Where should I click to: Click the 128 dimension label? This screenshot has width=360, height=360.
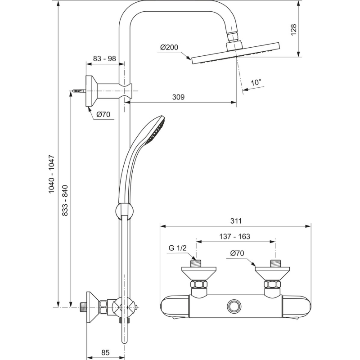(294, 29)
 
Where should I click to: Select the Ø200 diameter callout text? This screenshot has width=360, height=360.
(169, 47)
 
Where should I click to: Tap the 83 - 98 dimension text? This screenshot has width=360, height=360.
(104, 58)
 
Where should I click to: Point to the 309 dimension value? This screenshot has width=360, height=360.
(178, 97)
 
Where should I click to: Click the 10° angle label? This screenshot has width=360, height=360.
(256, 82)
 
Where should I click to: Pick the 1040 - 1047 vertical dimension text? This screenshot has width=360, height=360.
(52, 174)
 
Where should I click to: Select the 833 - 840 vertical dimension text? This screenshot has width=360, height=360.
(65, 200)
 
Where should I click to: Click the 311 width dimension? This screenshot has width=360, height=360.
(236, 221)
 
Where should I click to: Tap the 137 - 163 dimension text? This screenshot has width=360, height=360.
(234, 236)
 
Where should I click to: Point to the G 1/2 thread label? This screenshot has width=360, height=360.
(177, 248)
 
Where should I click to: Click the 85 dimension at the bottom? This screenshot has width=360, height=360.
(105, 352)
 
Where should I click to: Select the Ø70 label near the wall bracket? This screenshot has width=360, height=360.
(103, 114)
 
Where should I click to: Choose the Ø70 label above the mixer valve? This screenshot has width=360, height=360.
(237, 253)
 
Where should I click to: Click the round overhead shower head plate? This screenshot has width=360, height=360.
(235, 53)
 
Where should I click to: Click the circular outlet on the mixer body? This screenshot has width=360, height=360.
(234, 306)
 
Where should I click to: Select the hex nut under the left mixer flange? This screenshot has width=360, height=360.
(199, 284)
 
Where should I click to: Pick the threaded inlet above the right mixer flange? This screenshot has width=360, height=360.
(275, 263)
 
